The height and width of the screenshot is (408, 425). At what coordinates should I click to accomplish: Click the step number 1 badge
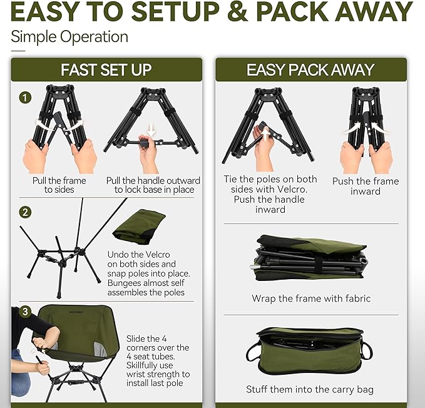25,98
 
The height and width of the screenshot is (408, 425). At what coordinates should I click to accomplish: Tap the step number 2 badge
25,212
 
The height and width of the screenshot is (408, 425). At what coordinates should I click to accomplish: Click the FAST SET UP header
106,69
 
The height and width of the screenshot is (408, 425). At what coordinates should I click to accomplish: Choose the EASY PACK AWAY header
310,69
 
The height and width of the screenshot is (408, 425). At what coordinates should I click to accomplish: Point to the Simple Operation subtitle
69,36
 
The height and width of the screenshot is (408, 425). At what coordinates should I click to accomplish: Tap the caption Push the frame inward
365,186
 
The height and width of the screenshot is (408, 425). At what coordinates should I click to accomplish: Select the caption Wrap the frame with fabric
310,298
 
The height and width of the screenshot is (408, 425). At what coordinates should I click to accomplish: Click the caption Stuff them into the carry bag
310,389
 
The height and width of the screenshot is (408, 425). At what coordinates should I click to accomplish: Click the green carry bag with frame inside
310,352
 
